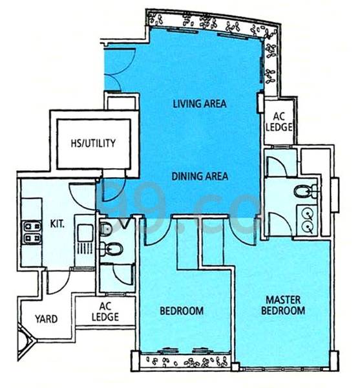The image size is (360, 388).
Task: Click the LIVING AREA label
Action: pos(200,103)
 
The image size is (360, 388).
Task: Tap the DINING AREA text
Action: pos(200,176)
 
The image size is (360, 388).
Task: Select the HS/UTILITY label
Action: pos(93,144)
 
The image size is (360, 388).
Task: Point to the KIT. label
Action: pos(58,224)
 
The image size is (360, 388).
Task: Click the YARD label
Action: pos(47,319)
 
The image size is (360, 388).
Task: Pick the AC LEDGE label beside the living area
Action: pos(279,122)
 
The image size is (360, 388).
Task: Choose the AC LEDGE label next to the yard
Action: pos(105,312)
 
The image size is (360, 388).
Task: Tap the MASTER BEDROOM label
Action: pos(283,305)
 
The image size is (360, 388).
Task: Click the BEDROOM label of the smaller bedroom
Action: pos(182,311)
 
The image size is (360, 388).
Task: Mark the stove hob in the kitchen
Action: pos(32,232)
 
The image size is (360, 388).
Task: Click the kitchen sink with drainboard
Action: pos(85,239)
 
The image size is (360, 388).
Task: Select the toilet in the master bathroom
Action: pos(306,191)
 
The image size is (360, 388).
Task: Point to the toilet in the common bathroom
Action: pos(112,249)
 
